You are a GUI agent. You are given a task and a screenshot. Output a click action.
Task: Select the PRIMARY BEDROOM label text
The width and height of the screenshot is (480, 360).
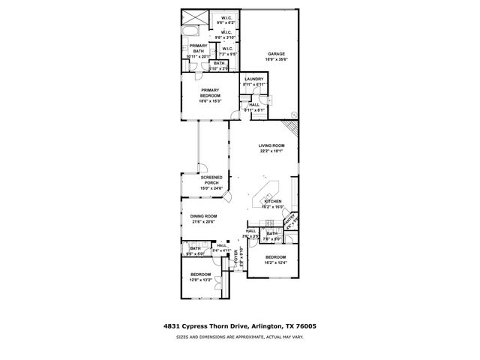pos(209,92)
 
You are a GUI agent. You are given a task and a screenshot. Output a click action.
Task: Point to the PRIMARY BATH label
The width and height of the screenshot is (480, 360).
pos(198,48)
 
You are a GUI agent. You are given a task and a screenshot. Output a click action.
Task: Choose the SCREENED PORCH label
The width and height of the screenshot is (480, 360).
pos(211,181)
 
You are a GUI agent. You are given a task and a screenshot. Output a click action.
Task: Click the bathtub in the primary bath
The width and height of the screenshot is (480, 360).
pos(189,33)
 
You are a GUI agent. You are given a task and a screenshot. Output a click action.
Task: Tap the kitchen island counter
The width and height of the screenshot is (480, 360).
pos(267,188)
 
